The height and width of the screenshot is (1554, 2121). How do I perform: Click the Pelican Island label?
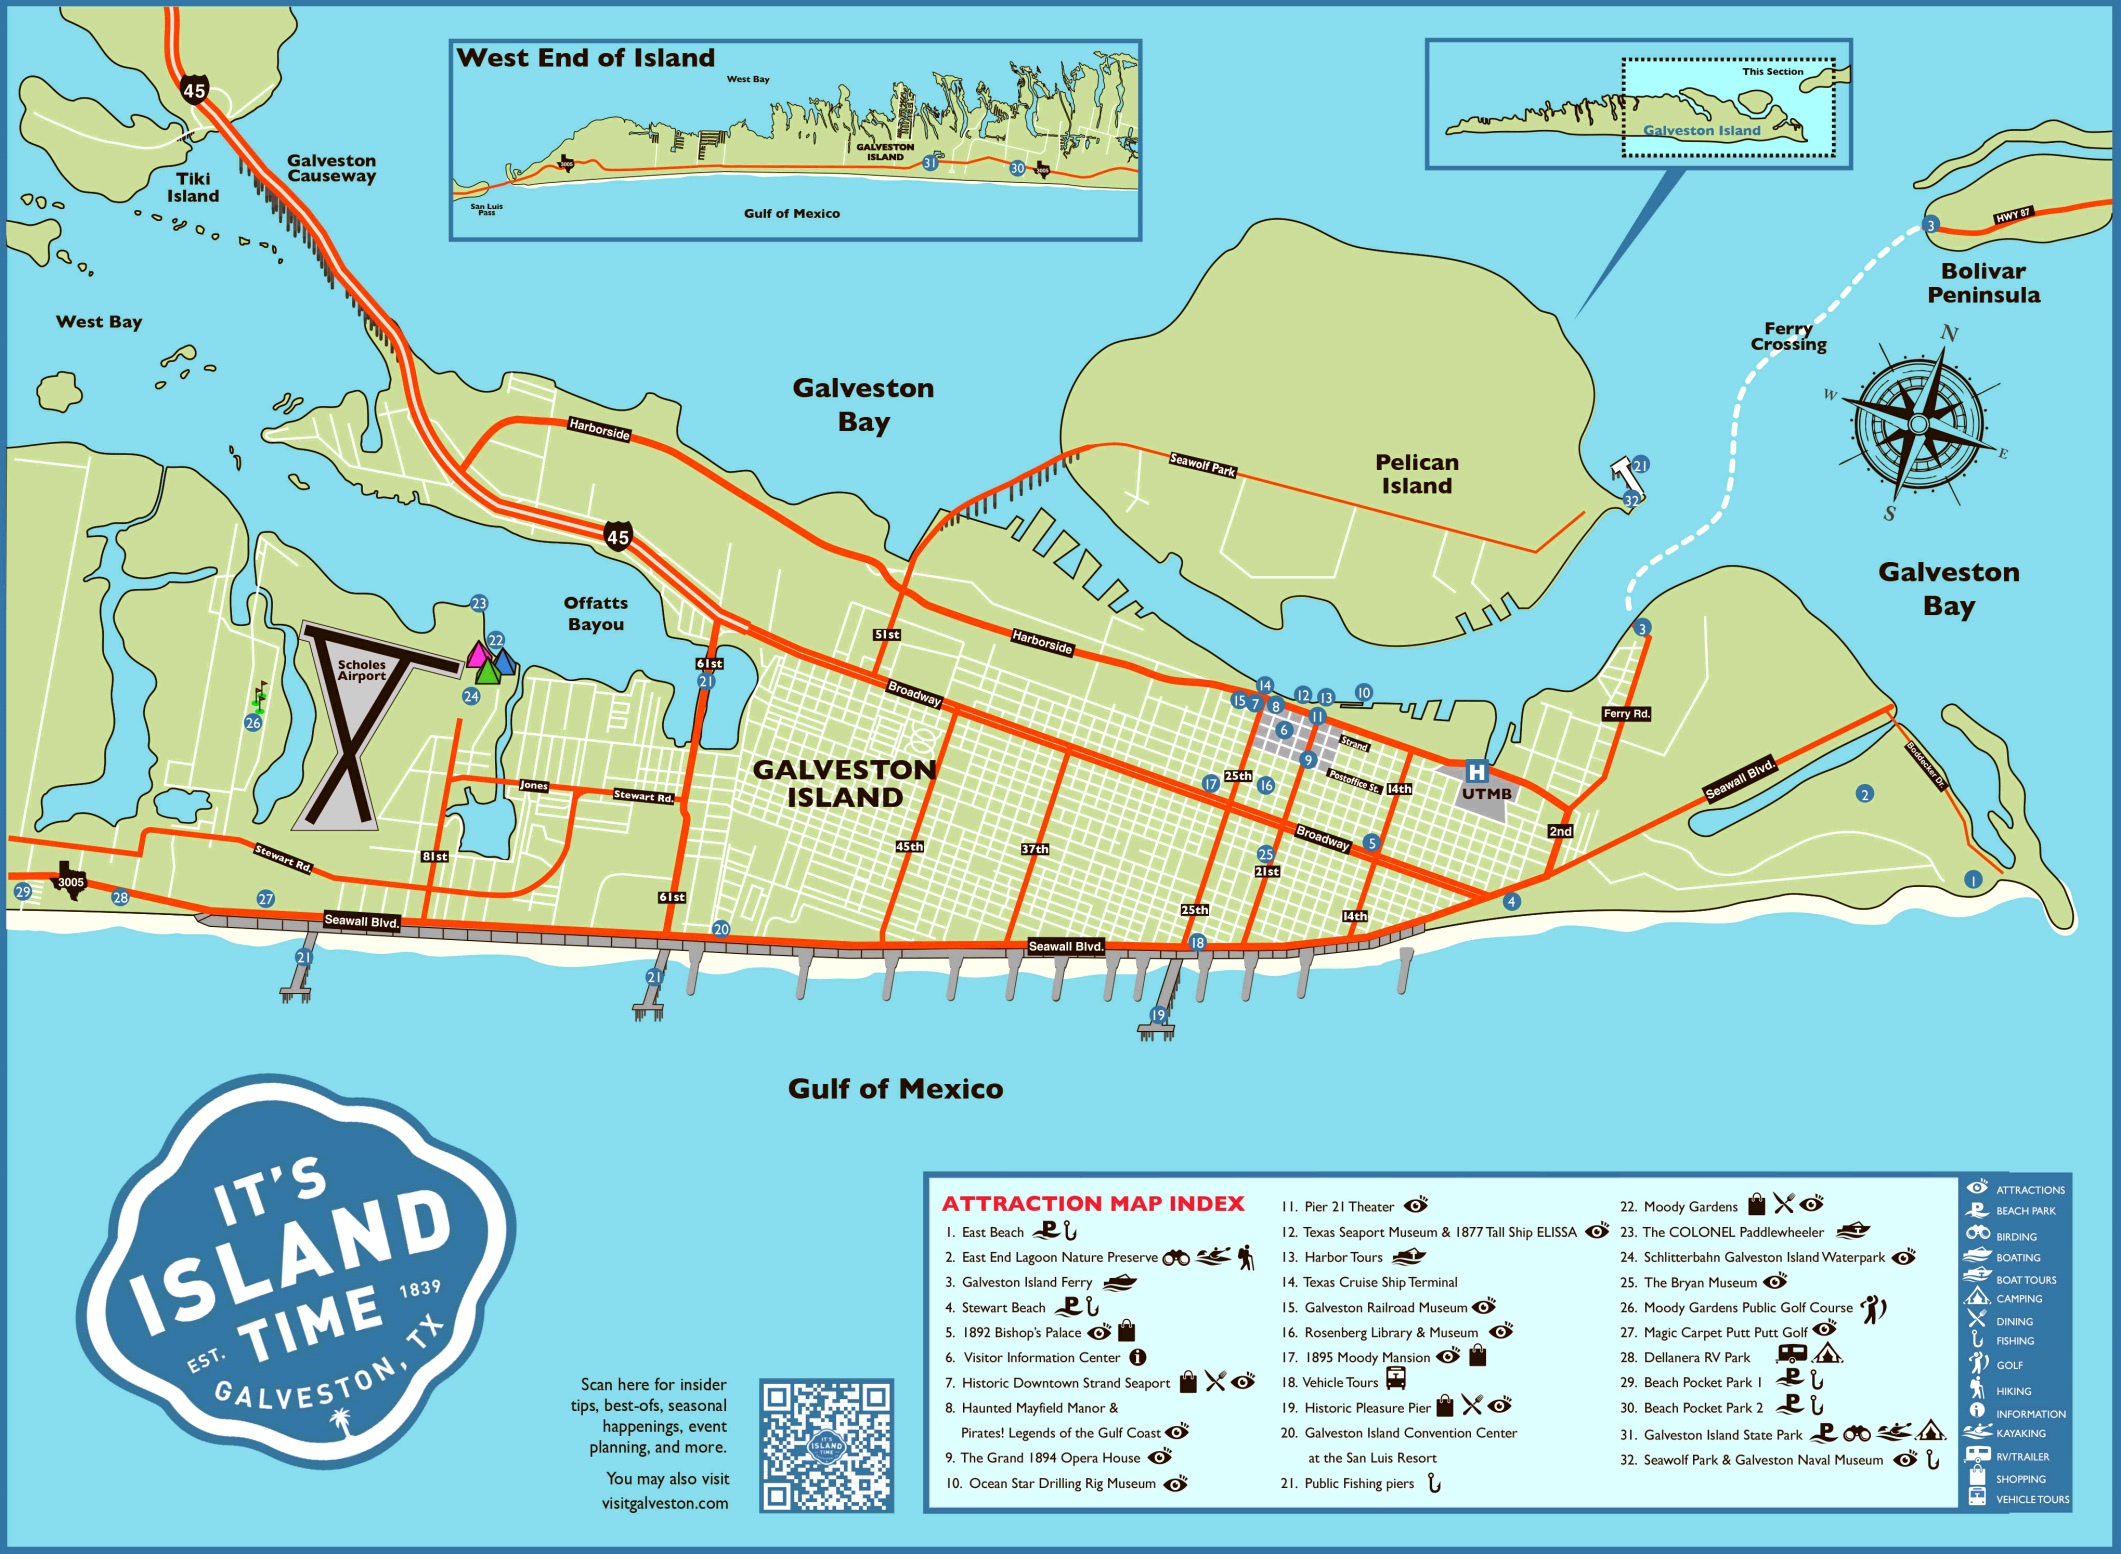[1416, 474]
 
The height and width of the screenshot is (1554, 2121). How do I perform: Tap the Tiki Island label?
[193, 187]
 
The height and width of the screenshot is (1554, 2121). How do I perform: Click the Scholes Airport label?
[361, 670]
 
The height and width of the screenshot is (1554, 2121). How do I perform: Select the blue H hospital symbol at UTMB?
[1476, 771]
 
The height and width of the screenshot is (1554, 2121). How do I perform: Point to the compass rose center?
[1918, 424]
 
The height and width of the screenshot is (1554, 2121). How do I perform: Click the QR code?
[825, 1445]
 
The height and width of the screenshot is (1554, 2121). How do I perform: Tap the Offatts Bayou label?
[595, 613]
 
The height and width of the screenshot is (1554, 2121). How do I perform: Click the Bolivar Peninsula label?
[1982, 283]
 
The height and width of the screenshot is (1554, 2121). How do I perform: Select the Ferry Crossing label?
[1788, 336]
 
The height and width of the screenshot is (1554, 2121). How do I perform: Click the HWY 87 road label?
[2012, 215]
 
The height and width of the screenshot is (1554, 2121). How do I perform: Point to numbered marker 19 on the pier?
[1158, 1014]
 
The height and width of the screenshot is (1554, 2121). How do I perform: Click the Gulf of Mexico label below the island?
[895, 1088]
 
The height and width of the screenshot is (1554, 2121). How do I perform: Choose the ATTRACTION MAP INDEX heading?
[1093, 1203]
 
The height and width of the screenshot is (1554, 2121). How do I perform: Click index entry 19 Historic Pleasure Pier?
[1366, 1408]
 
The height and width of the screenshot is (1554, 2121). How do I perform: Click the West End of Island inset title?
[585, 58]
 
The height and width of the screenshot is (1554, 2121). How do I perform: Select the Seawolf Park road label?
[1202, 464]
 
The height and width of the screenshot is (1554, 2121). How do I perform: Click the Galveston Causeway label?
[331, 168]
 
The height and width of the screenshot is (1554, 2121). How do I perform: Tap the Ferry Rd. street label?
[1626, 713]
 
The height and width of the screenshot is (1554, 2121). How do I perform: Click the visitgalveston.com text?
[665, 1503]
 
